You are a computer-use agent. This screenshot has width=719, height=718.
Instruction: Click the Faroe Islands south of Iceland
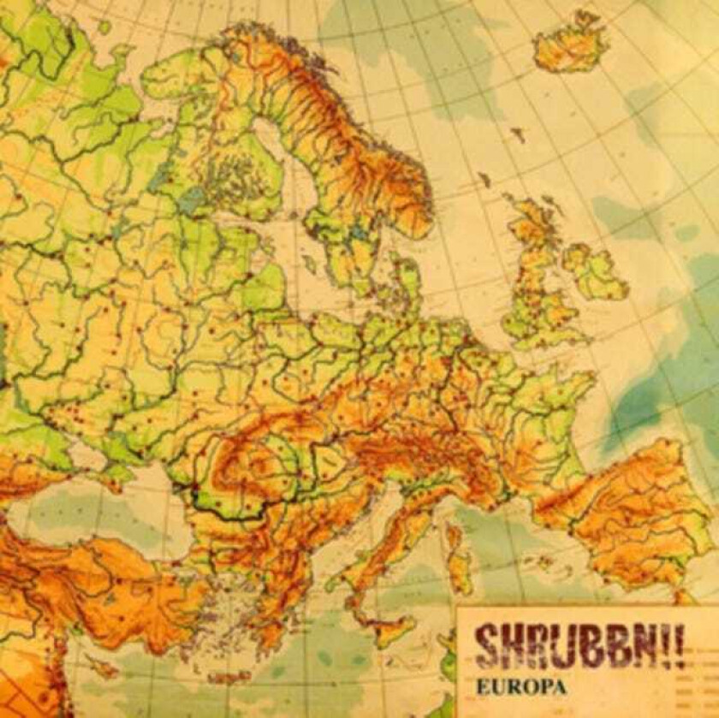(519, 134)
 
